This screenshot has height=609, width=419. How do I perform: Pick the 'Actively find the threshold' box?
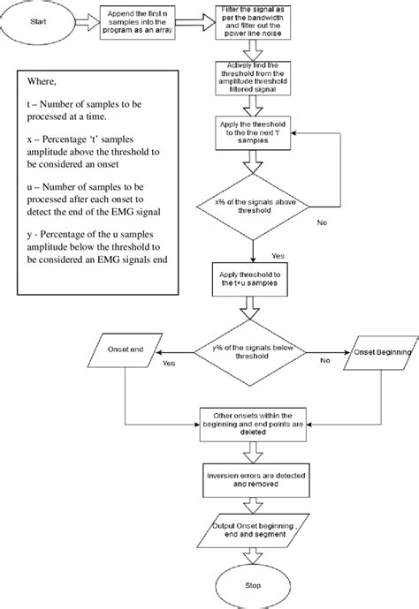251,77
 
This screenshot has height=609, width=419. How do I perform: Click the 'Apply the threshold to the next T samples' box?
251,135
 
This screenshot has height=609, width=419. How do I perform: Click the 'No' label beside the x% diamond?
322,222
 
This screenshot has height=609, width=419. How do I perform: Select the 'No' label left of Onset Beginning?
324,362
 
